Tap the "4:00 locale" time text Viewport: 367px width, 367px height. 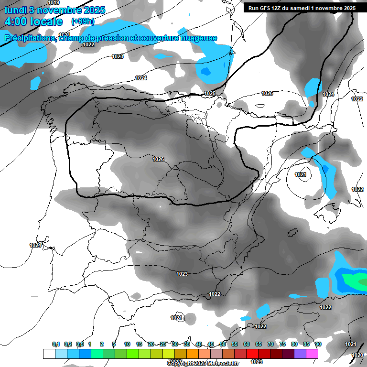pos(33,22)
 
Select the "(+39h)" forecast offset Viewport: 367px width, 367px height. pos(83,22)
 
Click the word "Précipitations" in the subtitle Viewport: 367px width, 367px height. pos(30,38)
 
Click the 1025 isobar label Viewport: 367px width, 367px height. pos(209,93)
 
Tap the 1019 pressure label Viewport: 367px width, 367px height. pos(54,3)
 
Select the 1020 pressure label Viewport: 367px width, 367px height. pos(357,355)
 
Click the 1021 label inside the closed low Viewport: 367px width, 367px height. pos(301,175)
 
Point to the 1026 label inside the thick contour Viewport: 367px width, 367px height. pos(158,159)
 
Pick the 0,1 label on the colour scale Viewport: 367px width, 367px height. pos(56,345)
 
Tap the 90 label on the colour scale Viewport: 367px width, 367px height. pos(318,345)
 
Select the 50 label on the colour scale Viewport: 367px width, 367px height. pos(223,345)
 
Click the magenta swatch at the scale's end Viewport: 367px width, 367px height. pos(312,354)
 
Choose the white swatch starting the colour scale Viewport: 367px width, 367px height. pos(49,354)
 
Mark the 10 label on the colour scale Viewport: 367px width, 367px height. pos(127,345)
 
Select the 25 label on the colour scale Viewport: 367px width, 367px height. pos(163,345)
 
